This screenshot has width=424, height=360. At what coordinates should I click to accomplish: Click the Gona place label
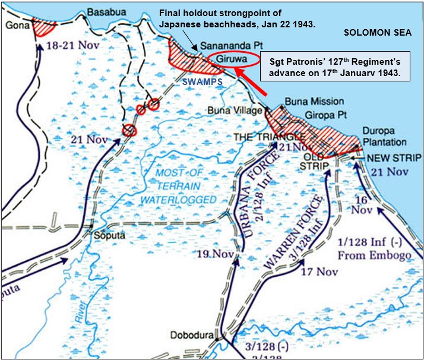click(12, 25)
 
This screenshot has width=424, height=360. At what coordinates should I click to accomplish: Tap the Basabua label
click(102, 12)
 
